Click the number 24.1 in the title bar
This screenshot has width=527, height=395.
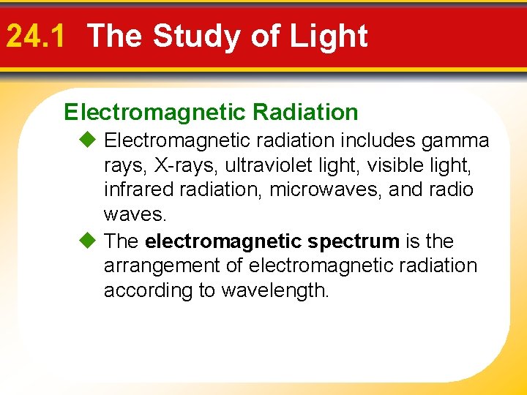[x=35, y=36]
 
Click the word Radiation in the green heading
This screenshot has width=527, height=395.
[x=305, y=112]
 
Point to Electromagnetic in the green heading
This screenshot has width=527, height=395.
[x=155, y=112]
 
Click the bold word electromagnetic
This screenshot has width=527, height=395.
[x=224, y=241]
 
